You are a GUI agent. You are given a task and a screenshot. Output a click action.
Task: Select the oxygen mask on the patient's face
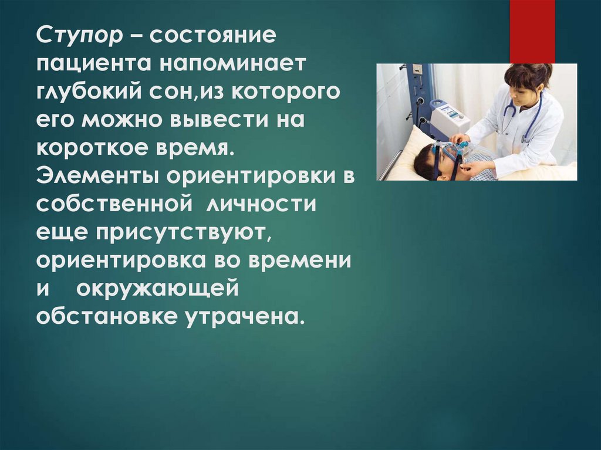pyautogui.click(x=451, y=151)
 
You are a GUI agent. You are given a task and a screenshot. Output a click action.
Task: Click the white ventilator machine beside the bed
pyautogui.click(x=449, y=117)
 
